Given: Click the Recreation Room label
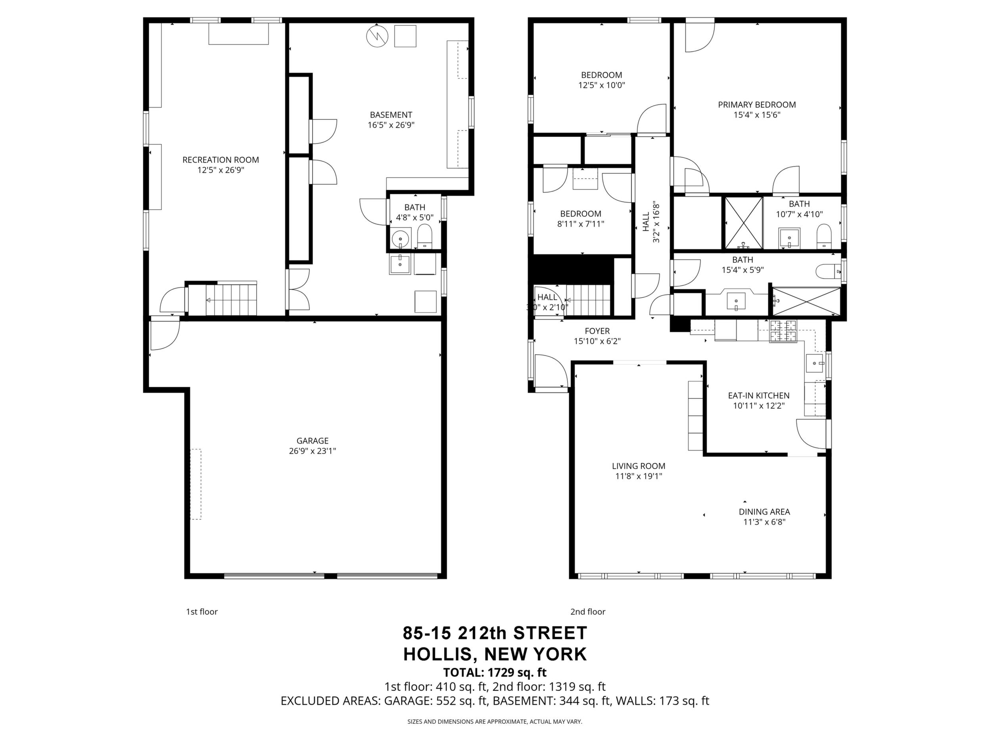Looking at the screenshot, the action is point(221,160).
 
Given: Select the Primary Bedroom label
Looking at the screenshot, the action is point(757,105).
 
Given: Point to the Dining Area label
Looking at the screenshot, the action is point(764,512).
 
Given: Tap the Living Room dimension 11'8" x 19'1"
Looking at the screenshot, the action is point(639,476).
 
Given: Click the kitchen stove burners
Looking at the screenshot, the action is point(783,331).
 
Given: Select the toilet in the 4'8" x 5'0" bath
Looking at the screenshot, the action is point(424,236).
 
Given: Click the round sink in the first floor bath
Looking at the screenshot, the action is point(401,239).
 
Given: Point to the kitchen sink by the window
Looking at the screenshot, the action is point(815,363).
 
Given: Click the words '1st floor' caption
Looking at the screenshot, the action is point(202,612).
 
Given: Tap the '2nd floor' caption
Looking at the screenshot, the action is point(588,612).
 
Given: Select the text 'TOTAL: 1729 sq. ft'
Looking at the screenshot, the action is point(495,672).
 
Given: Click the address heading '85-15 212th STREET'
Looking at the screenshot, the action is point(495,633).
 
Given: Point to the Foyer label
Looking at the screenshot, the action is point(597,331).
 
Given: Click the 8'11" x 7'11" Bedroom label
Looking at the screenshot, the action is point(581,214).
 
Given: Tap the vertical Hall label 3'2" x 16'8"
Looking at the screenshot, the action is point(651,222).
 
